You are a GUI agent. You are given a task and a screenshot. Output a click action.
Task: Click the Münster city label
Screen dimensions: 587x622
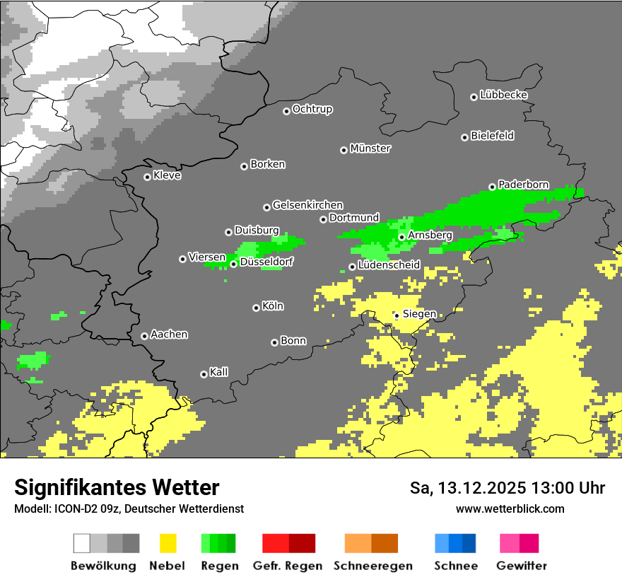(x=370, y=149)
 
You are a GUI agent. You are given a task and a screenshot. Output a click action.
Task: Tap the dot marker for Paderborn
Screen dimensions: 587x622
(x=492, y=187)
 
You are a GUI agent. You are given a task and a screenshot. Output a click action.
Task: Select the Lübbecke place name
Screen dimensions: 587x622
(x=503, y=95)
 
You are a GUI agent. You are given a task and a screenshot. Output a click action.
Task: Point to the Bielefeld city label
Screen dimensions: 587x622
(x=492, y=136)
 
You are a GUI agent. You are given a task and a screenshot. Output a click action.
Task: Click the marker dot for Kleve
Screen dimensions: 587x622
(x=147, y=177)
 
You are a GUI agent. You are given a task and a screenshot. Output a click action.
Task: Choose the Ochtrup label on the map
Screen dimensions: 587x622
(x=312, y=110)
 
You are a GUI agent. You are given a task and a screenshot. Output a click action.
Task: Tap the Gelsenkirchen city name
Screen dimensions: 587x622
(x=307, y=205)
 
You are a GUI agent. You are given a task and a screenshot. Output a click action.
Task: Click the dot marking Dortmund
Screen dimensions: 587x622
(x=323, y=219)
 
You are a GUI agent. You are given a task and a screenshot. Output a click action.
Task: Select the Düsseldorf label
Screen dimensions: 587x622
(x=266, y=262)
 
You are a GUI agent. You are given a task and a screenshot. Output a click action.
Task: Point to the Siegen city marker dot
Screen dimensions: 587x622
(x=397, y=315)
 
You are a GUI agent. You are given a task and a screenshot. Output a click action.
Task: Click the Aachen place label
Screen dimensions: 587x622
(x=169, y=335)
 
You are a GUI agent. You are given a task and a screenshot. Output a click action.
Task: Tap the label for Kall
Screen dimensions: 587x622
(x=219, y=372)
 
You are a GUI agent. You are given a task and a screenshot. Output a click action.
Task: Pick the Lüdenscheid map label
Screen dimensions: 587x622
(x=389, y=265)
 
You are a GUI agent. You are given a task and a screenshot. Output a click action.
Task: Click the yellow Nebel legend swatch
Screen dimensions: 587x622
(x=168, y=543)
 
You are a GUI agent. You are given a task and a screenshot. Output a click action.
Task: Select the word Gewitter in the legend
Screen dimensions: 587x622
(x=521, y=566)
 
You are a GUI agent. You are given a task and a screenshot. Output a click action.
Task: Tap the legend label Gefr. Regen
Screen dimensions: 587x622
(x=287, y=566)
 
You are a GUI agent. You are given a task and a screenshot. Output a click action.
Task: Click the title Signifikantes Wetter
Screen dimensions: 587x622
(x=117, y=487)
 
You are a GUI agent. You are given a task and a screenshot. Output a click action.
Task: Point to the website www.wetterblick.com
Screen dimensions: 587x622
(x=510, y=508)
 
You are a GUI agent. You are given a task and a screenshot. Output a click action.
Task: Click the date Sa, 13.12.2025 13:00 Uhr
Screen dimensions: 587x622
(x=507, y=488)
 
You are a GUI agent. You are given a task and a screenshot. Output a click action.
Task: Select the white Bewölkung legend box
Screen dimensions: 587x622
(x=82, y=543)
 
